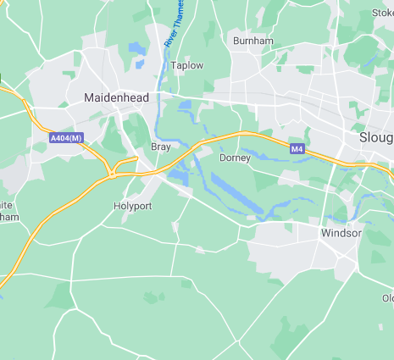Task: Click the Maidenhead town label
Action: click(x=116, y=97)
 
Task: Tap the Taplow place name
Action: click(x=186, y=65)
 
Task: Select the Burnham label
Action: click(x=252, y=40)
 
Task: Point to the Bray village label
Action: click(x=160, y=147)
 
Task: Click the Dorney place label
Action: click(x=234, y=158)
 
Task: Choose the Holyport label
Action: click(x=131, y=206)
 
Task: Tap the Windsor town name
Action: click(x=341, y=232)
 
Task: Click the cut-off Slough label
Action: click(x=375, y=137)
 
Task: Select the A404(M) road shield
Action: click(x=65, y=137)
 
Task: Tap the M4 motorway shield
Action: click(x=297, y=149)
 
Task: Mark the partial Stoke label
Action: click(x=382, y=13)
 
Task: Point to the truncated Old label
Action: click(x=386, y=298)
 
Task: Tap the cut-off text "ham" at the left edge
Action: click(x=8, y=218)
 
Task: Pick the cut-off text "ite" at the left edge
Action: click(x=6, y=205)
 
